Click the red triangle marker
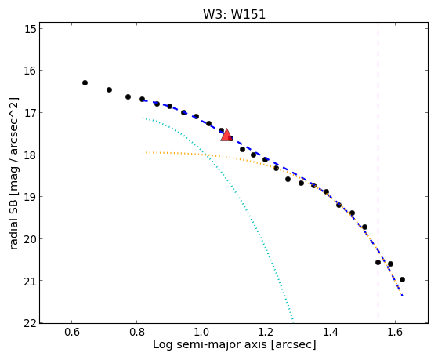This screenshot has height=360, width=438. pyautogui.click(x=226, y=135)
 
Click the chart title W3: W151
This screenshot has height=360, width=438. pyautogui.click(x=234, y=14)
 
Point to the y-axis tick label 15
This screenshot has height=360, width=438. pyautogui.click(x=31, y=29)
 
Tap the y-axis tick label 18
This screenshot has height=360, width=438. pyautogui.click(x=31, y=155)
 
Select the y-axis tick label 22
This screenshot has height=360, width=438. pyautogui.click(x=31, y=323)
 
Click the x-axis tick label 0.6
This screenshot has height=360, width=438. pyautogui.click(x=72, y=332)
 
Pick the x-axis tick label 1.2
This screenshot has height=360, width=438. pyautogui.click(x=266, y=332)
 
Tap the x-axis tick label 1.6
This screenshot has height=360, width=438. pyautogui.click(x=395, y=332)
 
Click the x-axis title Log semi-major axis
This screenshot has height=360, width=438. pyautogui.click(x=210, y=345)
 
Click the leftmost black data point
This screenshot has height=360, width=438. pyautogui.click(x=85, y=83)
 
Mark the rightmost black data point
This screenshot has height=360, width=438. pyautogui.click(x=402, y=280)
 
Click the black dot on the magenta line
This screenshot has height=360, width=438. pyautogui.click(x=378, y=263)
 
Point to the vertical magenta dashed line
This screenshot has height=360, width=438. pyautogui.click(x=378, y=170)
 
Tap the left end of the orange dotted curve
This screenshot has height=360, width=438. pyautogui.click(x=143, y=152)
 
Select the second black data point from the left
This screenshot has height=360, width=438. pyautogui.click(x=109, y=89)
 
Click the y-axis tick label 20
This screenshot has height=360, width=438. pyautogui.click(x=31, y=239)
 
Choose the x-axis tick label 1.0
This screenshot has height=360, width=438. pyautogui.click(x=201, y=332)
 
